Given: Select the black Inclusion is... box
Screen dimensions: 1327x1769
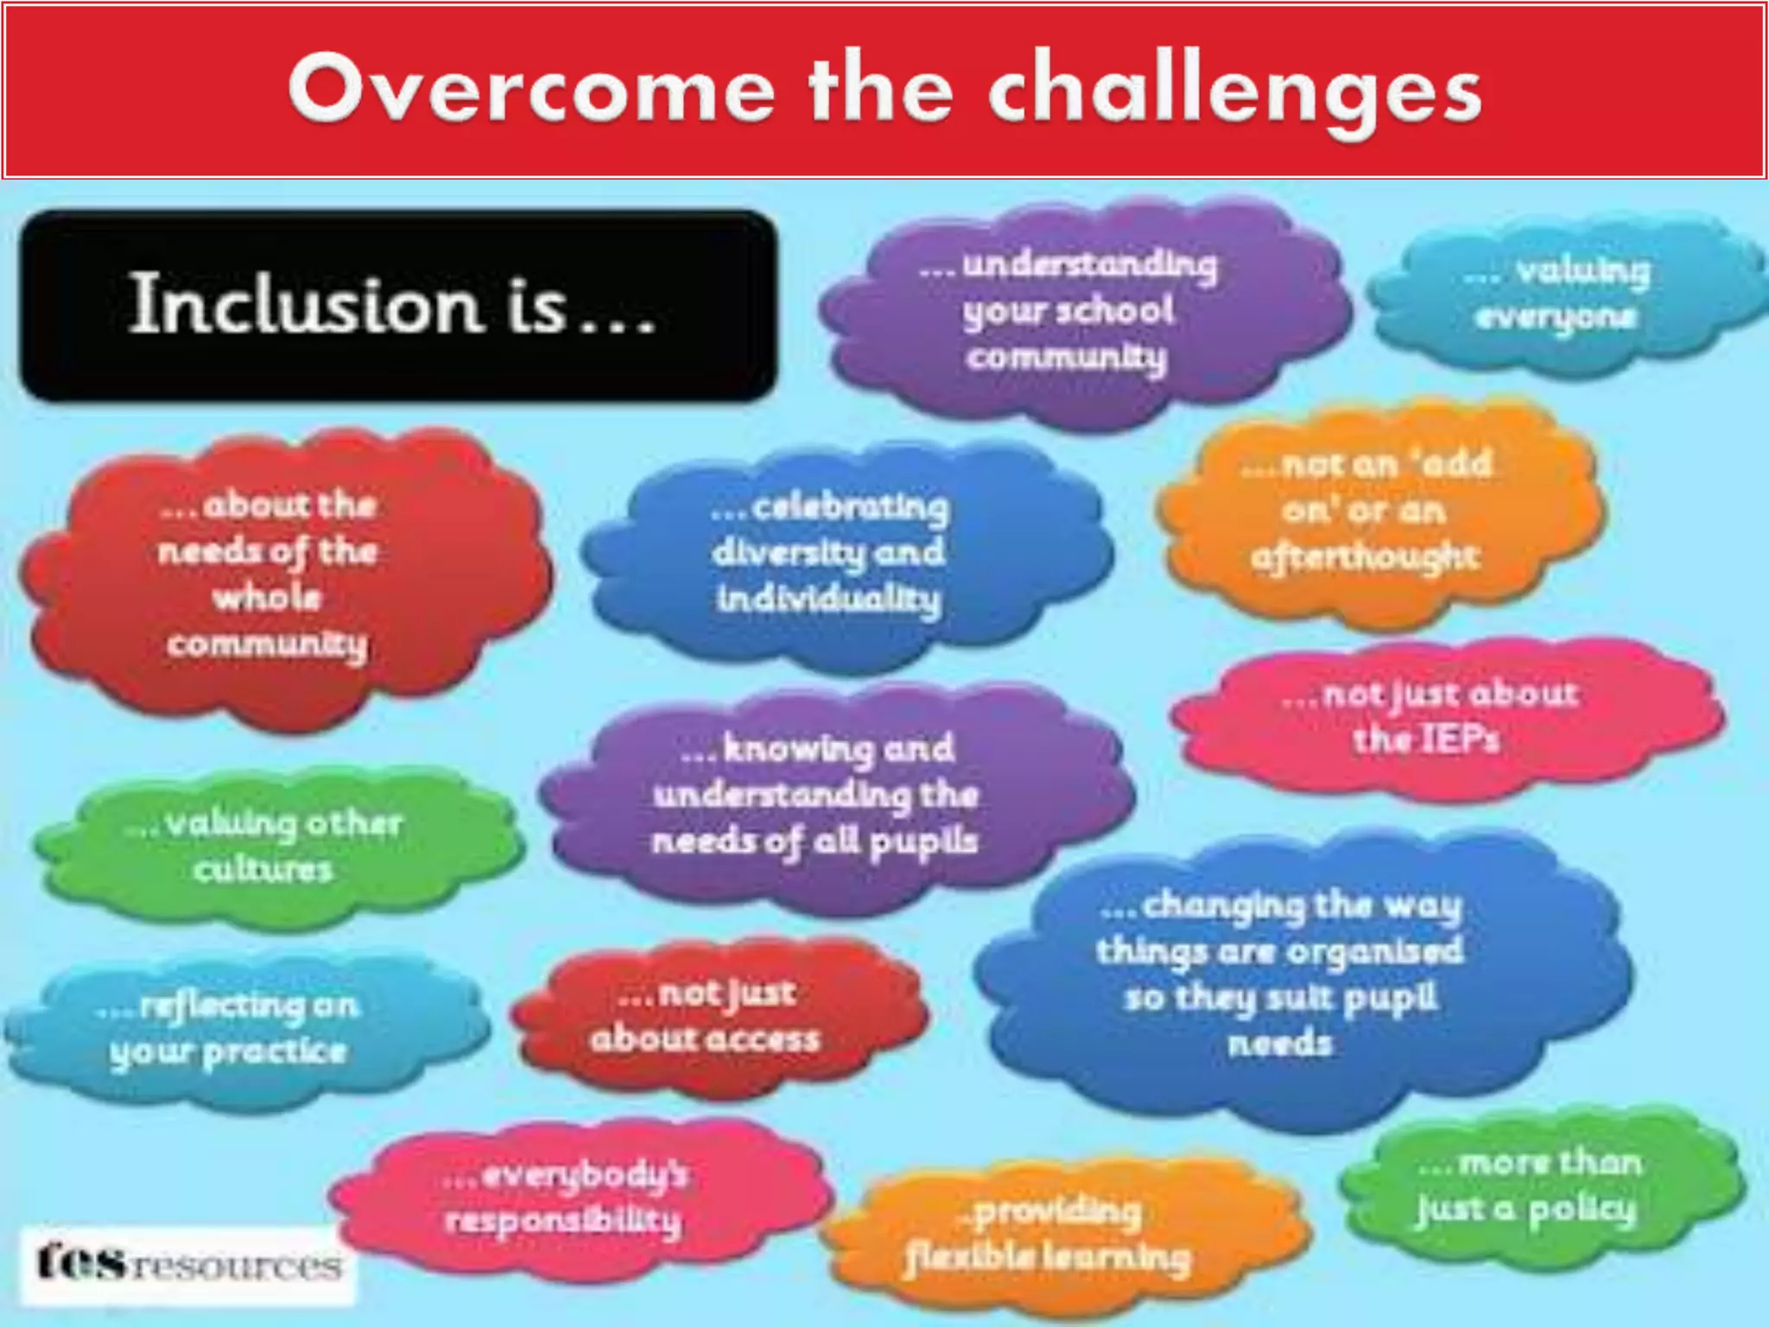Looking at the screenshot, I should pyautogui.click(x=397, y=305).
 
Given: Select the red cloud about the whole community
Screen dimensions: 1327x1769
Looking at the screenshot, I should pyautogui.click(x=276, y=575).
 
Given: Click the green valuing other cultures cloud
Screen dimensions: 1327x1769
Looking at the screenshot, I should pyautogui.click(x=268, y=847).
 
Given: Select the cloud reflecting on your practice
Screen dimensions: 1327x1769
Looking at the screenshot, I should pyautogui.click(x=233, y=1028).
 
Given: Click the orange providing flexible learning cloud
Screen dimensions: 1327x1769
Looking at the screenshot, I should pyautogui.click(x=1054, y=1235).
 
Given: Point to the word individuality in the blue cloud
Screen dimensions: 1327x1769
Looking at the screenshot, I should pyautogui.click(x=829, y=599).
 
